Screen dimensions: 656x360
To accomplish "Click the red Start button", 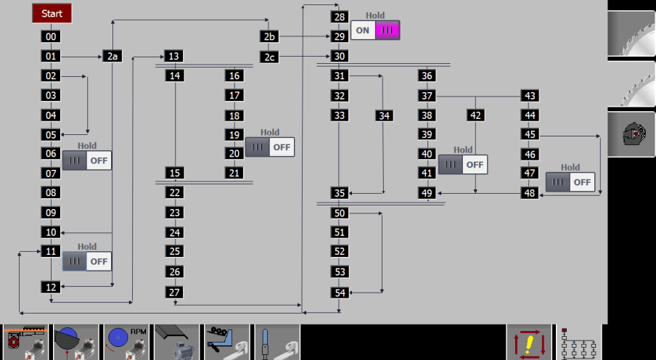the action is click(52, 13).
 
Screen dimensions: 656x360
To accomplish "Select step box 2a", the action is click(112, 56).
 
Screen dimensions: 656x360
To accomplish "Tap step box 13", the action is click(173, 56).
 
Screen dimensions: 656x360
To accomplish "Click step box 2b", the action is click(269, 36).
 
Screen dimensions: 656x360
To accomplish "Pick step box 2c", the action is click(269, 57).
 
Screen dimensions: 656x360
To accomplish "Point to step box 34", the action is click(384, 115).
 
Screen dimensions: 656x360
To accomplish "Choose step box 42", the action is click(476, 115).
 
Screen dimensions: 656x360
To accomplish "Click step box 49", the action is click(427, 193).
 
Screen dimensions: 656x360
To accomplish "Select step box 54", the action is click(340, 292).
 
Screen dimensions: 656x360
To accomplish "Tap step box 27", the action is click(174, 292).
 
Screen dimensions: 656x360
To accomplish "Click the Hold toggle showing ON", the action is click(375, 30).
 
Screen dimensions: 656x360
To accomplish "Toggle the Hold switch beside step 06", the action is click(87, 160).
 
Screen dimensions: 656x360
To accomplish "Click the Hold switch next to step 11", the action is click(87, 261).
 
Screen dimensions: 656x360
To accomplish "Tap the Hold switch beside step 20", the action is click(270, 147).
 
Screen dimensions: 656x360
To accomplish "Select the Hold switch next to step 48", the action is click(570, 182).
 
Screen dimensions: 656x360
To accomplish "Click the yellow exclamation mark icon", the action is click(529, 343).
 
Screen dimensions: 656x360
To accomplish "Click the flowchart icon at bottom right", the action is click(579, 343).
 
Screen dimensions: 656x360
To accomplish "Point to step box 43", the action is click(530, 95).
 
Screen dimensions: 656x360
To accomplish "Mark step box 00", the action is click(51, 36).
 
